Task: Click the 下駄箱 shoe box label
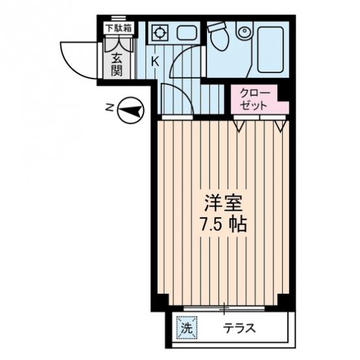click(119, 29)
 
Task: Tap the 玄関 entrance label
click(117, 64)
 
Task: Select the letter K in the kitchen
click(155, 62)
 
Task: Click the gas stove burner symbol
click(159, 32)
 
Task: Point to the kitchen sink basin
click(187, 32)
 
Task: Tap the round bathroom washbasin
click(245, 31)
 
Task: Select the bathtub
click(270, 50)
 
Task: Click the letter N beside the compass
click(110, 107)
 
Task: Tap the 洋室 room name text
click(224, 204)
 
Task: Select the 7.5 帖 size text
click(224, 224)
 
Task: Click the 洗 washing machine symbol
click(187, 328)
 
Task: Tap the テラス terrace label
click(239, 328)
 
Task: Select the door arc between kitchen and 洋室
click(184, 93)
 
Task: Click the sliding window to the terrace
click(224, 308)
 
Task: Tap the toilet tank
click(217, 27)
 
